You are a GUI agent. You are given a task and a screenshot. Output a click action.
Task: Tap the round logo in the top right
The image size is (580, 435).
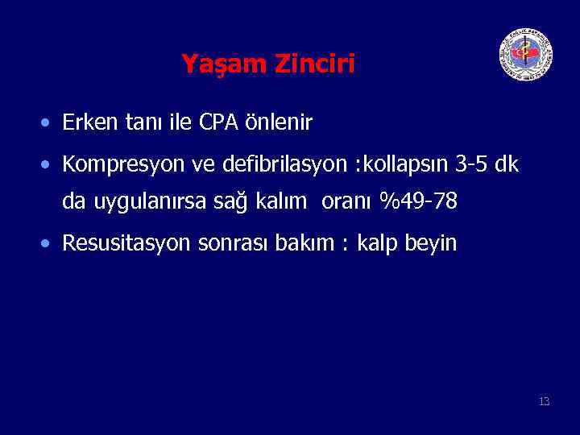pos(525,54)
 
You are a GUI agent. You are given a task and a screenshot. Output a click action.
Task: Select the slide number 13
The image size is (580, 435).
pos(544,401)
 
